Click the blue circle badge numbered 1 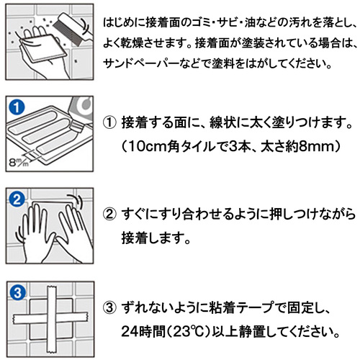coord(17,107)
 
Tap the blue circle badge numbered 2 coord(17,199)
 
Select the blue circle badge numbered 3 coord(17,292)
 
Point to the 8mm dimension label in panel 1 coord(19,161)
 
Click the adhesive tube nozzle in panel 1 coord(77,126)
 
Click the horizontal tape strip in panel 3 coord(50,318)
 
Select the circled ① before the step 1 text coord(109,122)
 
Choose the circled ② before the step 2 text coord(109,215)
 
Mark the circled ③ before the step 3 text coord(109,308)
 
